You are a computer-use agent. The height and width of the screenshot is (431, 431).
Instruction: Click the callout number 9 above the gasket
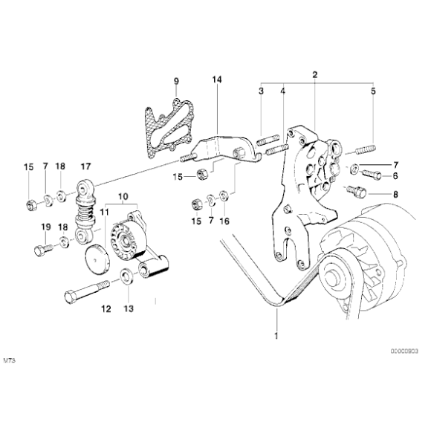tap(177, 80)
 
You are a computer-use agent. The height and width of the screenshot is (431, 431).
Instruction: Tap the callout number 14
tap(216, 80)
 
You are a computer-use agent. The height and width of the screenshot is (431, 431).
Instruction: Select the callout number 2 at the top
tap(315, 75)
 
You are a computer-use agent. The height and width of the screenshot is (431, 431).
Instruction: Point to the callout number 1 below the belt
tap(276, 337)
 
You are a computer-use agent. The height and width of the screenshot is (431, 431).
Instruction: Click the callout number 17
tap(85, 166)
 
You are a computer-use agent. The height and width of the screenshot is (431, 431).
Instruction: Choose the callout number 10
tap(123, 197)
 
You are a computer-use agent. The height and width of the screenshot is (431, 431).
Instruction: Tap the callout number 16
tap(224, 221)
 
